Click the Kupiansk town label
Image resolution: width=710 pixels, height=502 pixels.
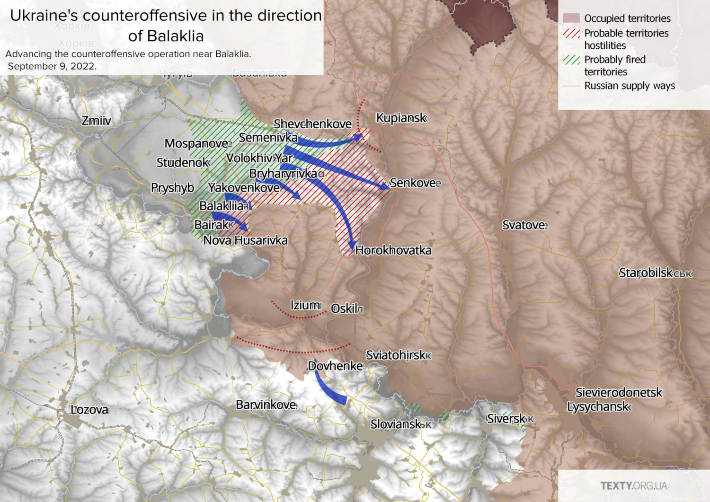click(401, 118)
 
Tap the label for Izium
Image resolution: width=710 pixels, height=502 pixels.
click(306, 305)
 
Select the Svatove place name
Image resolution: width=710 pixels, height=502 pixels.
click(524, 225)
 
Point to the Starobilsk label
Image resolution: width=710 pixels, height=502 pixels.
click(646, 273)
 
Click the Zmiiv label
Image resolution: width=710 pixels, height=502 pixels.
click(96, 121)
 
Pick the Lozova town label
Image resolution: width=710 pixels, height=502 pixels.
click(89, 410)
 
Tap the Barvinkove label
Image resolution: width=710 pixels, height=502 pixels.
click(266, 405)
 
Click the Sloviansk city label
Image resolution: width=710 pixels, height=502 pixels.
click(396, 424)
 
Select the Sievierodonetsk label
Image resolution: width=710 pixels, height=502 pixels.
click(619, 392)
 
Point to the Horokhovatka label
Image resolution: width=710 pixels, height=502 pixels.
click(393, 250)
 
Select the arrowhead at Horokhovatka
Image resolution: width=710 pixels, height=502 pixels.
click(352, 245)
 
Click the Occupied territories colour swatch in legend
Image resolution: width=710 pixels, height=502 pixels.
click(571, 18)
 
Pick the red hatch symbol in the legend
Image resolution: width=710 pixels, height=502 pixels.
click(571, 34)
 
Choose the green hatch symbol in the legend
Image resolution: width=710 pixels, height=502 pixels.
click(571, 60)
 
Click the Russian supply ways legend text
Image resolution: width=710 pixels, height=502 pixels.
click(629, 86)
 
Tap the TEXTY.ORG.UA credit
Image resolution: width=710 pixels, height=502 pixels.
click(634, 486)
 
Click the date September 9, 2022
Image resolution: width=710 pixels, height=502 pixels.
click(52, 66)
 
